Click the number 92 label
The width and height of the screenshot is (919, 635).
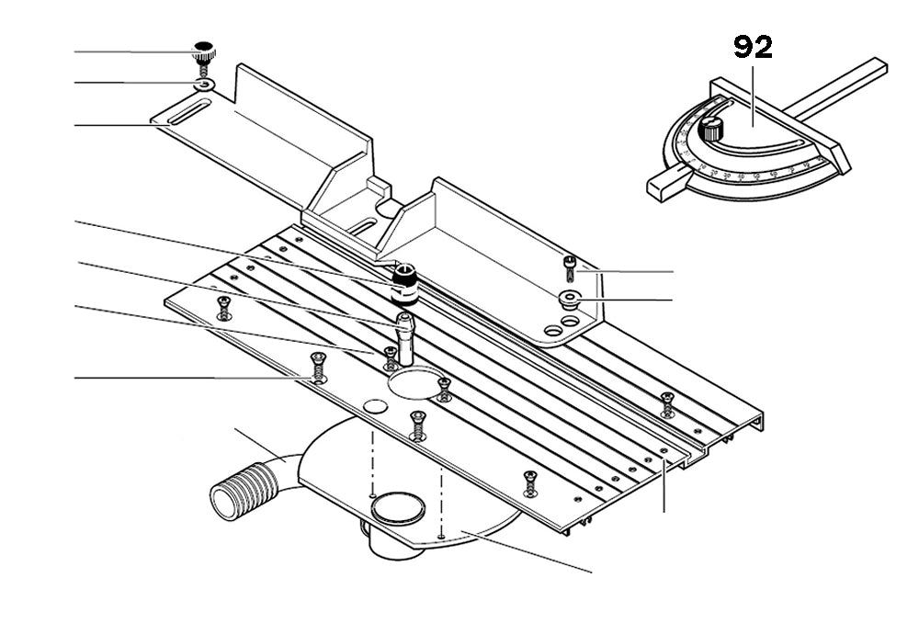tap(753, 48)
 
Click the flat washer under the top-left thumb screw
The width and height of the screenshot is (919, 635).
tap(204, 85)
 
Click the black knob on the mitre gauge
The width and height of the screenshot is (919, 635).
tap(710, 128)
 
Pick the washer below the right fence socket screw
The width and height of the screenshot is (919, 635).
tap(570, 298)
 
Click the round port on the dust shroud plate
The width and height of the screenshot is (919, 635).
tap(397, 505)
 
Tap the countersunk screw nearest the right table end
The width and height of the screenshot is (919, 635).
tap(667, 401)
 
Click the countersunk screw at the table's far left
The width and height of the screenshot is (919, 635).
tap(221, 308)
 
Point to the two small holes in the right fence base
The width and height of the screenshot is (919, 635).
tap(562, 324)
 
